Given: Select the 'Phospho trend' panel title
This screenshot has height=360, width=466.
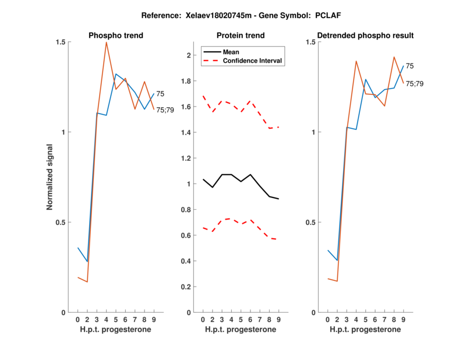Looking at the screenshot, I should (x=116, y=36).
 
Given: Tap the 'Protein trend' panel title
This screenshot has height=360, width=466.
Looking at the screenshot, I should (x=241, y=36).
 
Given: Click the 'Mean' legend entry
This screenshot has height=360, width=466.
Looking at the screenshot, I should (x=231, y=52).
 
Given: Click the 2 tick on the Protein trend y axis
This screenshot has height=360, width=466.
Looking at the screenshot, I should (x=189, y=55).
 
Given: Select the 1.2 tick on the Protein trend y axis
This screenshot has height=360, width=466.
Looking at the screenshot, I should (x=186, y=158).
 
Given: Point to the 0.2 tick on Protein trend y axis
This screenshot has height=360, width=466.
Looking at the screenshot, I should (x=186, y=287).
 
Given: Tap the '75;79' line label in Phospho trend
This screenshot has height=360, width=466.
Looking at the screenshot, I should (x=165, y=110).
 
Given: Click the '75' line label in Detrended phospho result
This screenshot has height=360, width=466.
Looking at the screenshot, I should (x=410, y=66).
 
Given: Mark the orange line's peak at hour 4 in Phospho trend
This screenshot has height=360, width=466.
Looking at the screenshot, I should (x=106, y=42).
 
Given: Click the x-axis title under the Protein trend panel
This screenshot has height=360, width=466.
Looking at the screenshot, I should (x=241, y=330).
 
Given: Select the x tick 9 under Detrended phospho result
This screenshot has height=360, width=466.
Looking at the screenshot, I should (x=403, y=319).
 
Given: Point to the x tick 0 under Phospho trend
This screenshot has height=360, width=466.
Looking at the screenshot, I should (x=77, y=319).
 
